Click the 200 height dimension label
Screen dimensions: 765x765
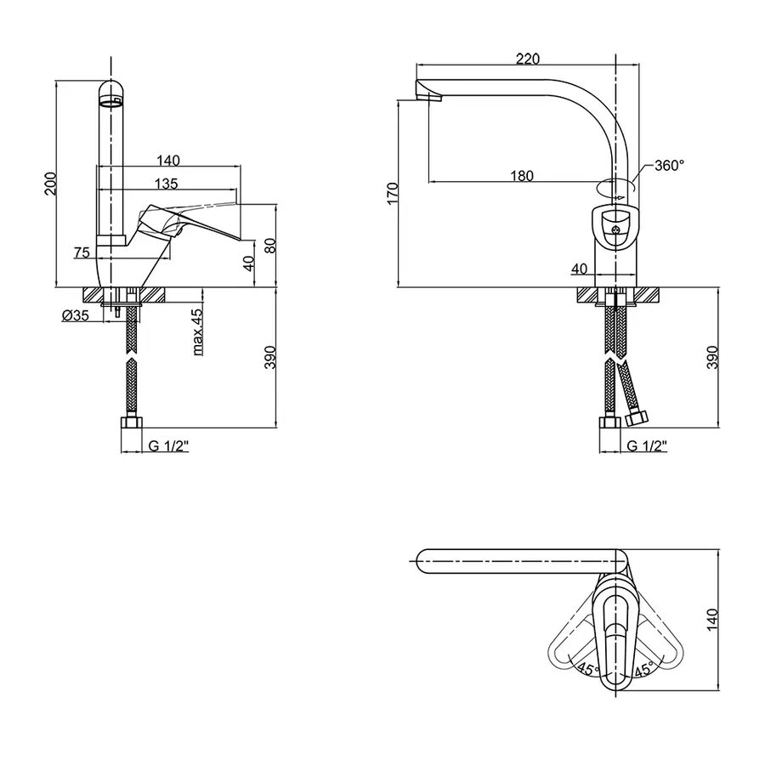pos(49,183)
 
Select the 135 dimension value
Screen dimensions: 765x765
pos(166,183)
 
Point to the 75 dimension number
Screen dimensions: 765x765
pos(82,252)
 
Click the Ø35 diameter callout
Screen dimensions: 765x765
pos(76,315)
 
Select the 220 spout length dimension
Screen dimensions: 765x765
pos(527,58)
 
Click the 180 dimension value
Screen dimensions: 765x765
pos(523,175)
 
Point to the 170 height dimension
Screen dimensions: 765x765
pos(392,193)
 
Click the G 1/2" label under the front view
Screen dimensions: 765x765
pos(647,445)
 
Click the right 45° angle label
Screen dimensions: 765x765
pos(643,669)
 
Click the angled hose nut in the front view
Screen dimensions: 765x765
pos(637,416)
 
